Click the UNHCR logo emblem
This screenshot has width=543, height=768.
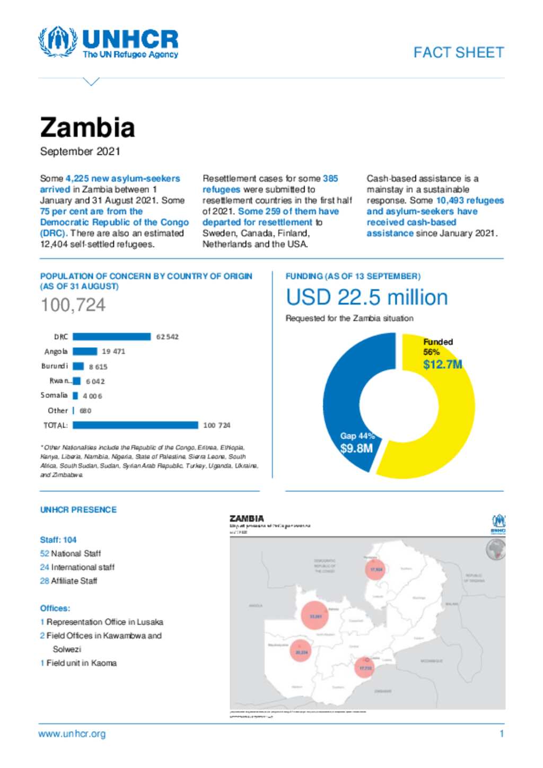pyautogui.click(x=57, y=42)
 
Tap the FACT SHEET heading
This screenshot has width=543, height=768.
pyautogui.click(x=458, y=52)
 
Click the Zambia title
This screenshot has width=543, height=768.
pyautogui.click(x=87, y=128)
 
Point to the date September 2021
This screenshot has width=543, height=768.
pyautogui.click(x=80, y=152)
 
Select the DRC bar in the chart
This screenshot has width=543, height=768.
pyautogui.click(x=111, y=337)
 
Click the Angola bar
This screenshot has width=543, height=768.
pyautogui.click(x=85, y=351)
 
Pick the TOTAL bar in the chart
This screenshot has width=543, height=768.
pyautogui.click(x=135, y=425)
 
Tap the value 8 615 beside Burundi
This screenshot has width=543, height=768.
pyautogui.click(x=98, y=367)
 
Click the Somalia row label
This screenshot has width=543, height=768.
pyautogui.click(x=54, y=395)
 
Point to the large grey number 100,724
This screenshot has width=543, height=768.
pyautogui.click(x=73, y=305)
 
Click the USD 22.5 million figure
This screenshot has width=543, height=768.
pyautogui.click(x=366, y=297)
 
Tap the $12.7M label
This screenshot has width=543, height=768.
pyautogui.click(x=442, y=365)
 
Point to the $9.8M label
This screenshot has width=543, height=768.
pyautogui.click(x=356, y=448)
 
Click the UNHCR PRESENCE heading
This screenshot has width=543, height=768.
pyautogui.click(x=78, y=510)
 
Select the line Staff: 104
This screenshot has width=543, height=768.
pyautogui.click(x=58, y=540)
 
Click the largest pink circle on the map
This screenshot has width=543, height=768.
pyautogui.click(x=315, y=616)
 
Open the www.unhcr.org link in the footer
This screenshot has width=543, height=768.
pyautogui.click(x=72, y=734)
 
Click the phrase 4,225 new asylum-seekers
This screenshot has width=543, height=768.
pyautogui.click(x=122, y=179)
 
